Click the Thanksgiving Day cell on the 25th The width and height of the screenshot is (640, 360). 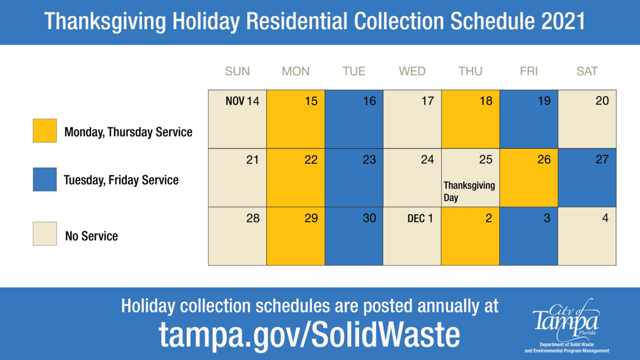coord(470,178)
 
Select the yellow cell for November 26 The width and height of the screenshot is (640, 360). coord(528,178)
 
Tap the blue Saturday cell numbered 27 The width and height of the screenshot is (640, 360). coord(586,178)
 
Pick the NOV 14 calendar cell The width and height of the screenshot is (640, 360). coord(237,119)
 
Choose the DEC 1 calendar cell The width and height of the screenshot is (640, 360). coord(412,236)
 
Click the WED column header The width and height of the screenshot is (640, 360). coord(412,72)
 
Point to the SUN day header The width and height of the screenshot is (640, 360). coord(237,72)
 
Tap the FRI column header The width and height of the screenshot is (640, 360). coord(528,72)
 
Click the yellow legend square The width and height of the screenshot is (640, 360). coord(45,131)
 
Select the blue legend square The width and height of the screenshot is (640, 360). coord(45,179)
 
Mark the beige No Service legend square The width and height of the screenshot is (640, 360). coord(45,234)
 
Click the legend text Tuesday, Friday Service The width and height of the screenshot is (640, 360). coord(121,180)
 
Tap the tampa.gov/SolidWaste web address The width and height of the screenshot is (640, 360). coord(309,334)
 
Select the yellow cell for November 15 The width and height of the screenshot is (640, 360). coord(296,119)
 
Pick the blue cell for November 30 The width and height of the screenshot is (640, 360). coord(354,236)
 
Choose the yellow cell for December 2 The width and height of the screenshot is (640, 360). coord(470,236)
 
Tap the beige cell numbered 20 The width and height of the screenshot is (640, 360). coord(586,119)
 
